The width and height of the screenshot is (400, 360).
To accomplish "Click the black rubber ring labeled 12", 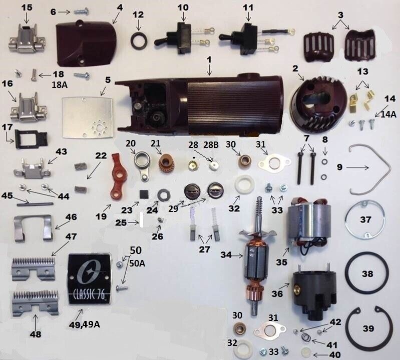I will [139, 41].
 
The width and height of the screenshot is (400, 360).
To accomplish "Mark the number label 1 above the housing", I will [209, 59].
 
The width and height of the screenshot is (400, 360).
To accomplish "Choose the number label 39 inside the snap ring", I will [368, 328].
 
